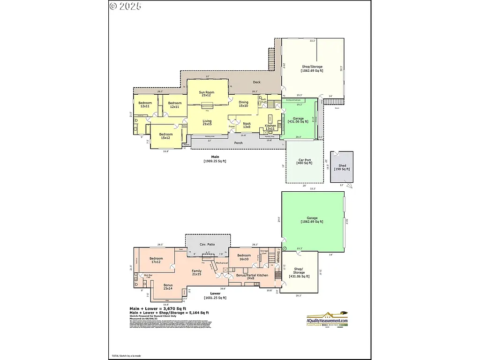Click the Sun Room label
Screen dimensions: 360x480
206,94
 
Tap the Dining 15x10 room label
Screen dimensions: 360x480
244,104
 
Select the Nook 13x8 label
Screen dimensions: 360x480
247,125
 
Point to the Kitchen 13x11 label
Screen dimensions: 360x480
270,127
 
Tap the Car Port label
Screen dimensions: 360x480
305,162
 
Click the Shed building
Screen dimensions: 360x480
342,167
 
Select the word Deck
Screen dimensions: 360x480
257,82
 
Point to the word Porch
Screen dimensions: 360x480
239,143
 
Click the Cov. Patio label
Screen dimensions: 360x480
207,245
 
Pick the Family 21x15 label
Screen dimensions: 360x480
197,272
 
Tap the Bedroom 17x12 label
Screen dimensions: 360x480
156,260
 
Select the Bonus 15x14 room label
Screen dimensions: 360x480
168,286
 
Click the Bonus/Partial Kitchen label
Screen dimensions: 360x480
252,277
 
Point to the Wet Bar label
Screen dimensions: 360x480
148,276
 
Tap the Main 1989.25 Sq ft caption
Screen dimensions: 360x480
215,159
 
